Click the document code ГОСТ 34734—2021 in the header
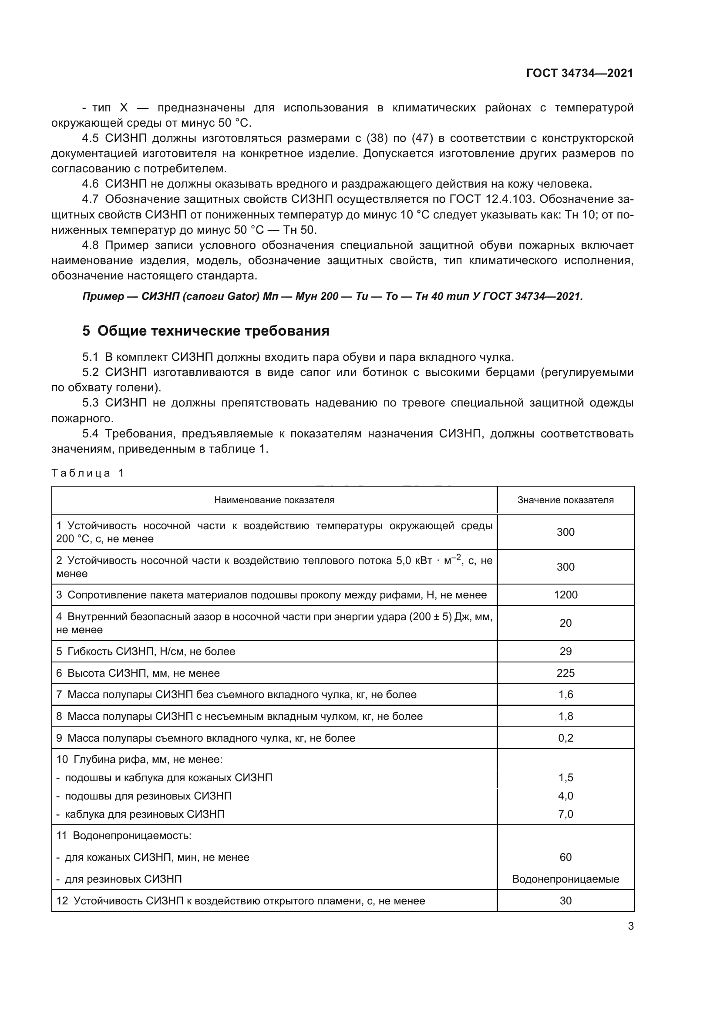[x=579, y=73]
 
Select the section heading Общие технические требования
[x=213, y=331]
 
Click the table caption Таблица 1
[x=87, y=473]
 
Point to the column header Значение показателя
[x=565, y=500]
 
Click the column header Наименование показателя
[x=274, y=500]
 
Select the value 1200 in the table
[x=565, y=595]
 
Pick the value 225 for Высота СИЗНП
[x=565, y=673]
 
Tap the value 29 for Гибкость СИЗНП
[x=565, y=652]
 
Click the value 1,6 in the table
[x=565, y=694]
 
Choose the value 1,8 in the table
[x=565, y=716]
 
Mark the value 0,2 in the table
[x=565, y=738]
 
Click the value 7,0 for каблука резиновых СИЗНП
[x=565, y=814]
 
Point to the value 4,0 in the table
[x=565, y=796]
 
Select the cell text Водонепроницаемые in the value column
[x=565, y=879]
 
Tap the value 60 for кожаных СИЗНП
[x=565, y=857]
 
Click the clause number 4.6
[x=91, y=184]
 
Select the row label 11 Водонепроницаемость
[x=124, y=836]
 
